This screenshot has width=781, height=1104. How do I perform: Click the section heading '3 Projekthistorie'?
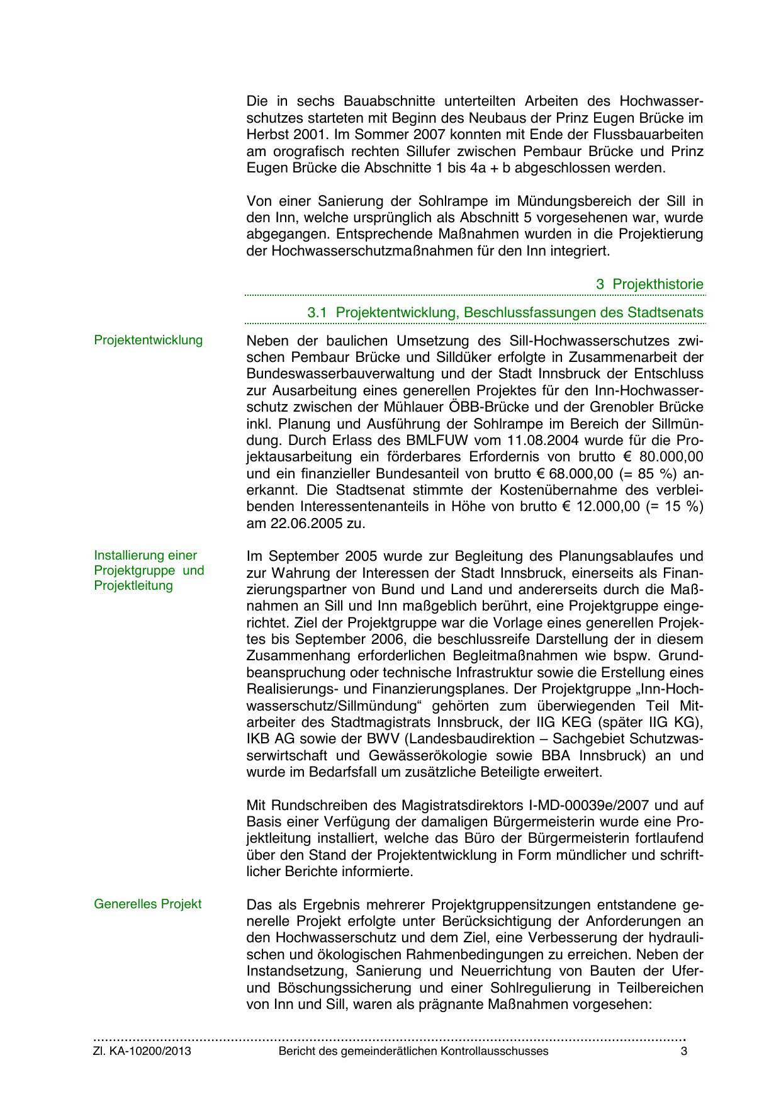(x=649, y=284)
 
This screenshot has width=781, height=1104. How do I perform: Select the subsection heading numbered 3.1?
(x=505, y=313)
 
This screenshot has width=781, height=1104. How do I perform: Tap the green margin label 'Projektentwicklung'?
(x=149, y=341)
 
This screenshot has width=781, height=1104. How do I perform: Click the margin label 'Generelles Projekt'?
(x=148, y=904)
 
